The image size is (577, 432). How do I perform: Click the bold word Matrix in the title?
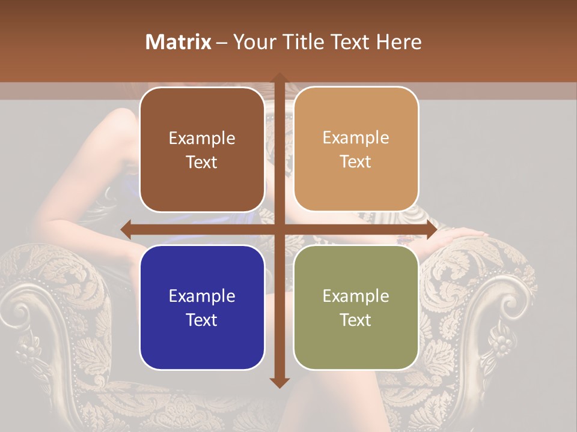[x=178, y=41]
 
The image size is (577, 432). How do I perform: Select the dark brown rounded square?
[x=202, y=149]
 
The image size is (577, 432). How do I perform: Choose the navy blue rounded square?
[x=202, y=307]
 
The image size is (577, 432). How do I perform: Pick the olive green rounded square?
[x=356, y=307]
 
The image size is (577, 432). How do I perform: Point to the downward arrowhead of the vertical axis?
[x=279, y=382]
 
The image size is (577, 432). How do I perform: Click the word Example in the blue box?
[x=202, y=296]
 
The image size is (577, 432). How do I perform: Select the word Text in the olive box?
[x=356, y=320]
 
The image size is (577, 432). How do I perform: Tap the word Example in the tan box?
[x=356, y=137]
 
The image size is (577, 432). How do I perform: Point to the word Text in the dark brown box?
[x=202, y=162]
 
